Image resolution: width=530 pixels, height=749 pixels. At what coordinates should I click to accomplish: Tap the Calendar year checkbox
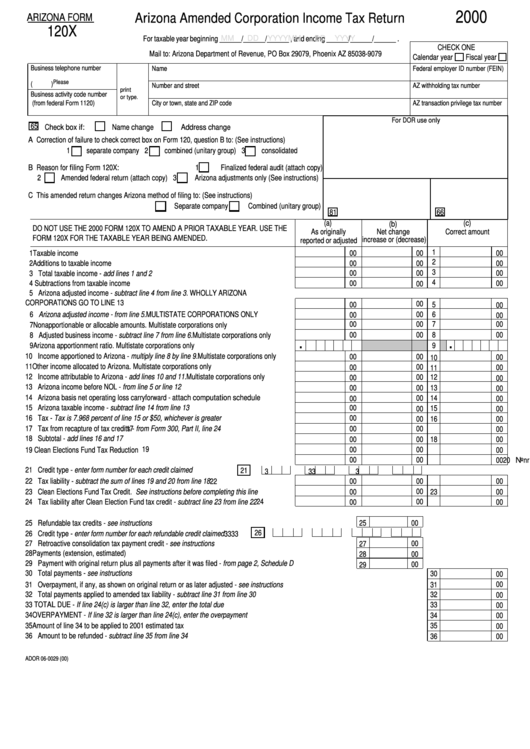(459, 57)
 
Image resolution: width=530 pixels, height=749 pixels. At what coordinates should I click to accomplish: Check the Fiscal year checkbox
(505, 57)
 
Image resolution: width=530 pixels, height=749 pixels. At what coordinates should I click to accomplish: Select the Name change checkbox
(105, 127)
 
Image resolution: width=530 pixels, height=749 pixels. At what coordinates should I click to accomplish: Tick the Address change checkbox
(173, 127)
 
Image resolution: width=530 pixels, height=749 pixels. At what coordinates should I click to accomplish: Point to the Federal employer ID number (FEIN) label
(459, 69)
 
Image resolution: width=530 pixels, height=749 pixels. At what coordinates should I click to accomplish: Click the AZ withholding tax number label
(449, 86)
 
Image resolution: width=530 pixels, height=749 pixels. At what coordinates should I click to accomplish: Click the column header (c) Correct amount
(467, 229)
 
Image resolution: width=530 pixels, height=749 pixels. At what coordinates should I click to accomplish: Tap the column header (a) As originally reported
(328, 232)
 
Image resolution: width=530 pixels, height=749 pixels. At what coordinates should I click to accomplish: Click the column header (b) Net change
(393, 232)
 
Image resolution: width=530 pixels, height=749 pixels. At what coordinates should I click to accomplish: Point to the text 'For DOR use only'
(415, 119)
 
